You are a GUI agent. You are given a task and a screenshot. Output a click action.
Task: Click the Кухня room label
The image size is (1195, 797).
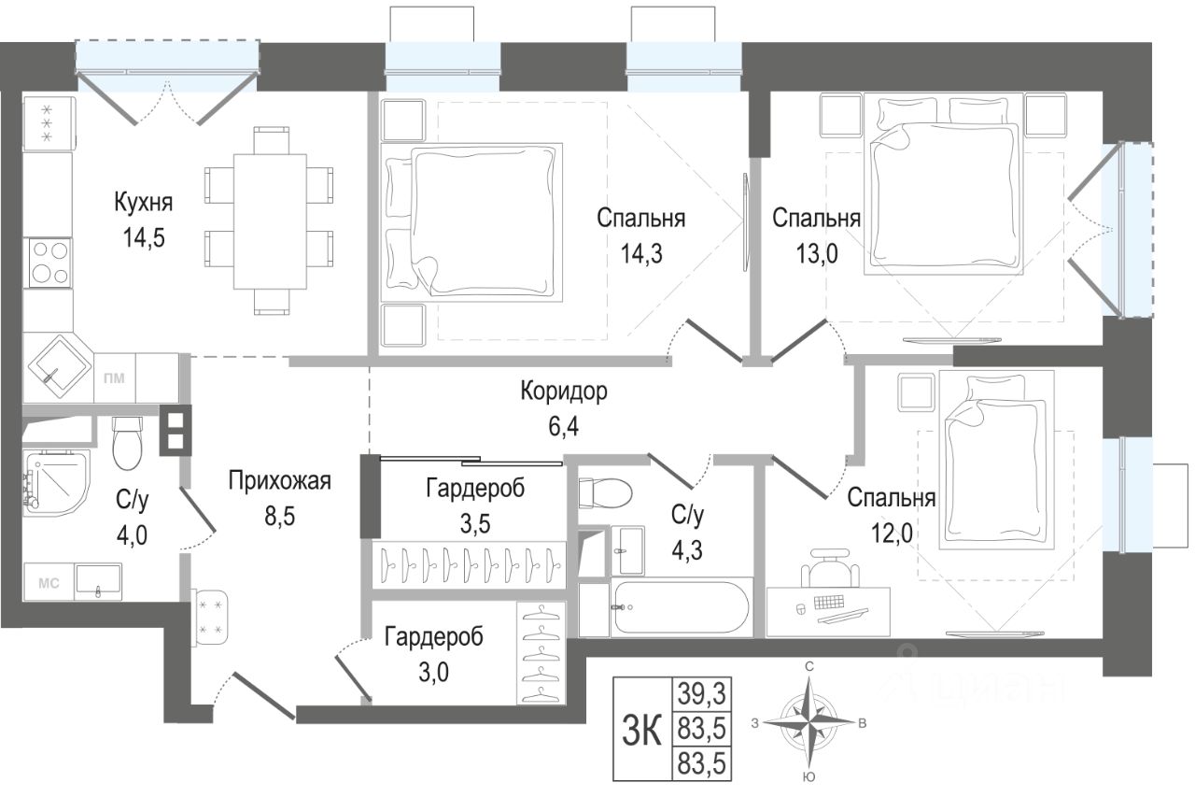tap(144, 203)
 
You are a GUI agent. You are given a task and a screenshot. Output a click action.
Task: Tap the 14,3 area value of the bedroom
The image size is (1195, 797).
tap(641, 253)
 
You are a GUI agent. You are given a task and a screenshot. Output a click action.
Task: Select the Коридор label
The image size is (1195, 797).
tap(564, 391)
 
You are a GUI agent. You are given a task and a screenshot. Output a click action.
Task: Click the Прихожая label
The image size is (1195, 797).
tap(279, 481)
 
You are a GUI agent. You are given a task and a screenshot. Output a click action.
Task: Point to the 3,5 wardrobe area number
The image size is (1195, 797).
tap(475, 523)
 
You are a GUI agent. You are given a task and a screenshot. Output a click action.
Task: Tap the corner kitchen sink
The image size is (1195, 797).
tap(58, 368)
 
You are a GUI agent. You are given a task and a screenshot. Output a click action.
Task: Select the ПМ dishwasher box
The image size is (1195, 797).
tap(114, 378)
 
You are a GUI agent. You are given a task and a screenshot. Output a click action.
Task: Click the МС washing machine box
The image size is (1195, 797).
tap(49, 583)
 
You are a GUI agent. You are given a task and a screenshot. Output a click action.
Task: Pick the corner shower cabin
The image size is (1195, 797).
tap(55, 483)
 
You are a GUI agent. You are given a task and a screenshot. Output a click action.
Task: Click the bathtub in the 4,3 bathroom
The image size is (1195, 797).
tap(682, 607)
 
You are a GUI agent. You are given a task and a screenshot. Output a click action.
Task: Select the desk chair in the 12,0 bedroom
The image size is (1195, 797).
tap(830, 570)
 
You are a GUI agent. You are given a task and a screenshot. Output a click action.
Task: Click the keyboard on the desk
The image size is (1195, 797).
tap(829, 603)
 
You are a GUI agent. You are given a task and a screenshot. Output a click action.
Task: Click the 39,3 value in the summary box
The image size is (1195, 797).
tap(702, 694)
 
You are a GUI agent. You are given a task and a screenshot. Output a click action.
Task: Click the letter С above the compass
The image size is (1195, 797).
tap(809, 666)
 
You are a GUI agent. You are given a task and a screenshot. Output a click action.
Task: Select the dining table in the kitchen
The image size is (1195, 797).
tap(270, 221)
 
